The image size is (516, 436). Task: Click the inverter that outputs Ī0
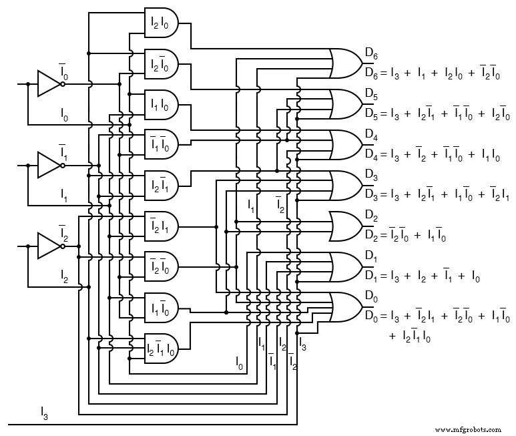[x=49, y=84]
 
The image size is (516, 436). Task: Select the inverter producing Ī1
[x=49, y=165]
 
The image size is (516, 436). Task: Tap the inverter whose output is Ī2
[x=49, y=246]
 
